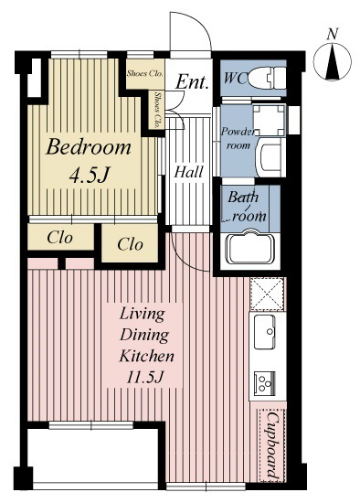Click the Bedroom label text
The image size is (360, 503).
pos(89,147)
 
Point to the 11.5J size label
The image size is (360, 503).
pos(145,377)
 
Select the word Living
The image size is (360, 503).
pos(143,314)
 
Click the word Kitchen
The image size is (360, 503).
pos(146,356)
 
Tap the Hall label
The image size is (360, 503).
pos(189,172)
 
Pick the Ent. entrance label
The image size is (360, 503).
pos(192,81)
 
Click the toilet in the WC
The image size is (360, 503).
pos(267,78)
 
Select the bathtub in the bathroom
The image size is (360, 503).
pos(250,247)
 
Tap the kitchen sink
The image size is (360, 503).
pos(265,332)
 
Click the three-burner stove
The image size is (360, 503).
pos(265,383)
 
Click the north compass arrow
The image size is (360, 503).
pos(332,61)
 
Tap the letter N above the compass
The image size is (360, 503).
pos(333,34)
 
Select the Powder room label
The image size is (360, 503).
pos(238,138)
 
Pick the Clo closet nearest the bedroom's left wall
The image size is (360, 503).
pos(60,238)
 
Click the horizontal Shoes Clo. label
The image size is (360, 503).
pos(145,73)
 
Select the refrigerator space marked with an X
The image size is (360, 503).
pos(268,294)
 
